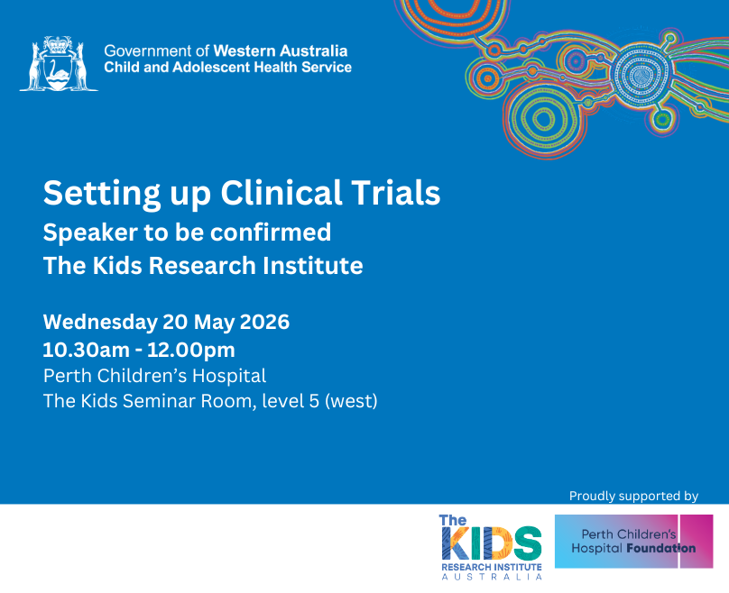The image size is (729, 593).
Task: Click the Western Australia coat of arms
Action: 59,64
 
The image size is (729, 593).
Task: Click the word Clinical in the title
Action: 281,193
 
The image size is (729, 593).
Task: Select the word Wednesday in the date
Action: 100,322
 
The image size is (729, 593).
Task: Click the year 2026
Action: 264,322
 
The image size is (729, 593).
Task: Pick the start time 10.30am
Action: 86,351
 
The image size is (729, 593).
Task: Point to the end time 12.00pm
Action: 191,351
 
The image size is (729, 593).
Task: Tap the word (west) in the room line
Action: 351,401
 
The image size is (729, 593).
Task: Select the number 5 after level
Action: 314,401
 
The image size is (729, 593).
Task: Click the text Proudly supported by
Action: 633,496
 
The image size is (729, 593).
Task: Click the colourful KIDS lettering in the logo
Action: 491,543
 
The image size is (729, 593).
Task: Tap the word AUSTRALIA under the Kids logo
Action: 492,577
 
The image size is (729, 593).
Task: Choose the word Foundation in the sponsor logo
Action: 661,549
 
